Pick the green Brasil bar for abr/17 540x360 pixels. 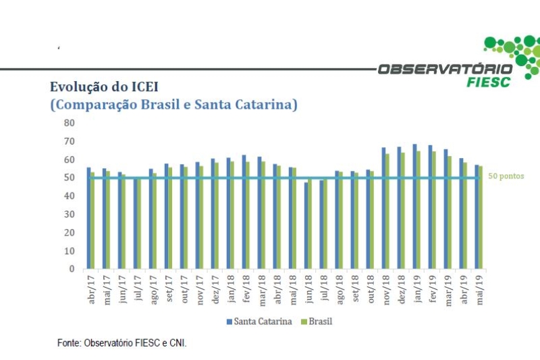pyautogui.click(x=92, y=220)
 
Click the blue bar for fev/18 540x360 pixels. pyautogui.click(x=244, y=211)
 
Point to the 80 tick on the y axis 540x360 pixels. pyautogui.click(x=69, y=123)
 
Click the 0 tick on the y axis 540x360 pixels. pyautogui.click(x=72, y=269)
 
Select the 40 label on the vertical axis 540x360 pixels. pyautogui.click(x=69, y=196)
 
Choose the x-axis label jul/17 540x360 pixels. pyautogui.click(x=137, y=288)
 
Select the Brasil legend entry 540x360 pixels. pyautogui.click(x=317, y=322)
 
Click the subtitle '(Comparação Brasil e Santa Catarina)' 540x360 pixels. pyautogui.click(x=173, y=105)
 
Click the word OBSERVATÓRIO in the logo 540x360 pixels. pyautogui.click(x=445, y=69)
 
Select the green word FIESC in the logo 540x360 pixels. pyautogui.click(x=489, y=82)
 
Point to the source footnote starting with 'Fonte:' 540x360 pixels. pyautogui.click(x=122, y=343)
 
